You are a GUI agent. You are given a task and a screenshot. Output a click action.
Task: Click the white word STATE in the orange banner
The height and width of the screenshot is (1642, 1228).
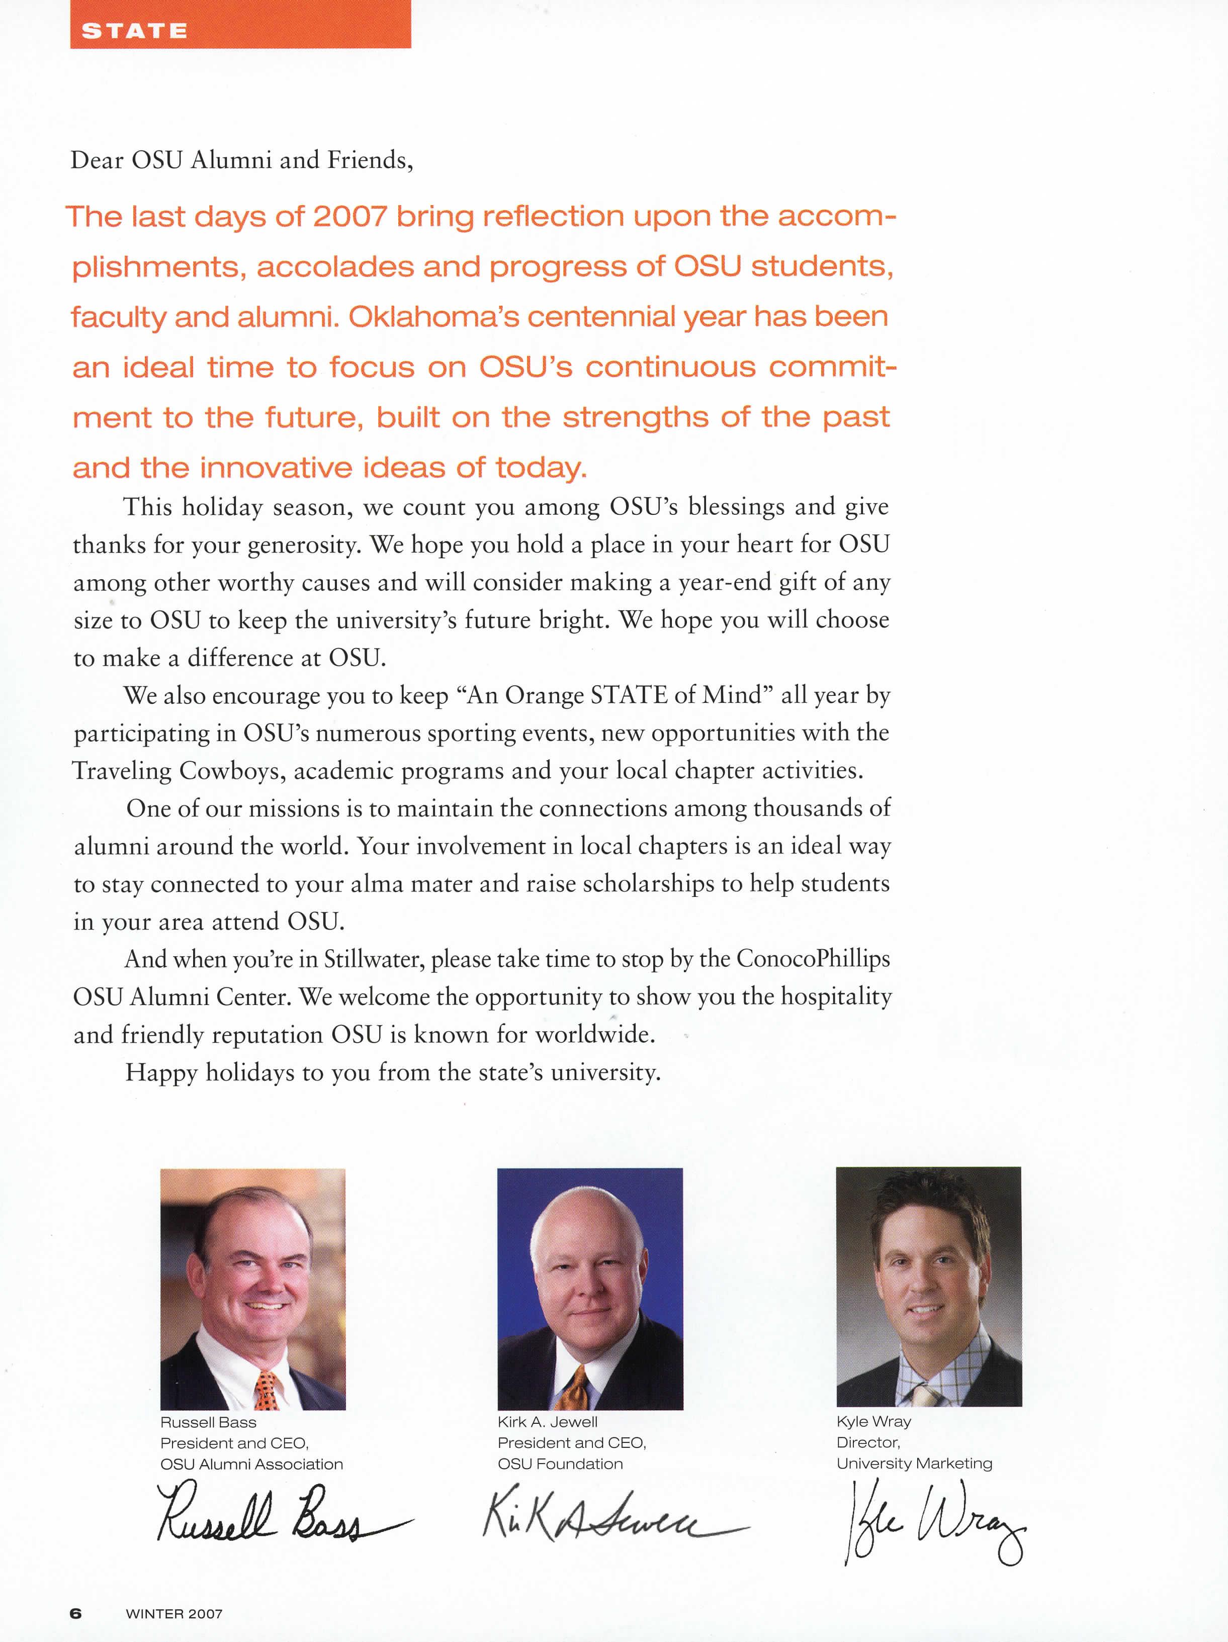click(134, 31)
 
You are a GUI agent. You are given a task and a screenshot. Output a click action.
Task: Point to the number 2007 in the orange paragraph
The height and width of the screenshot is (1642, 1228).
click(349, 216)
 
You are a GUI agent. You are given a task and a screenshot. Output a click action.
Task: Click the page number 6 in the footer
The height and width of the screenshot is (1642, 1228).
click(76, 1613)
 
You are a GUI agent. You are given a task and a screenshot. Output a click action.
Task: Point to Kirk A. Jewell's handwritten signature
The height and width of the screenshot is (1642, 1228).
click(609, 1518)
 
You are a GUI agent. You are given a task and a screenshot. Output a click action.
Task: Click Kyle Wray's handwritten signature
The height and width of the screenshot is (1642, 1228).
click(932, 1522)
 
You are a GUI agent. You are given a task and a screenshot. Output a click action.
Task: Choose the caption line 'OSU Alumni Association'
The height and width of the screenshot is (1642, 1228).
click(252, 1464)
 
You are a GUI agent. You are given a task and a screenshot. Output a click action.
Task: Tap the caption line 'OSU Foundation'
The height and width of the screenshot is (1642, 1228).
click(560, 1464)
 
